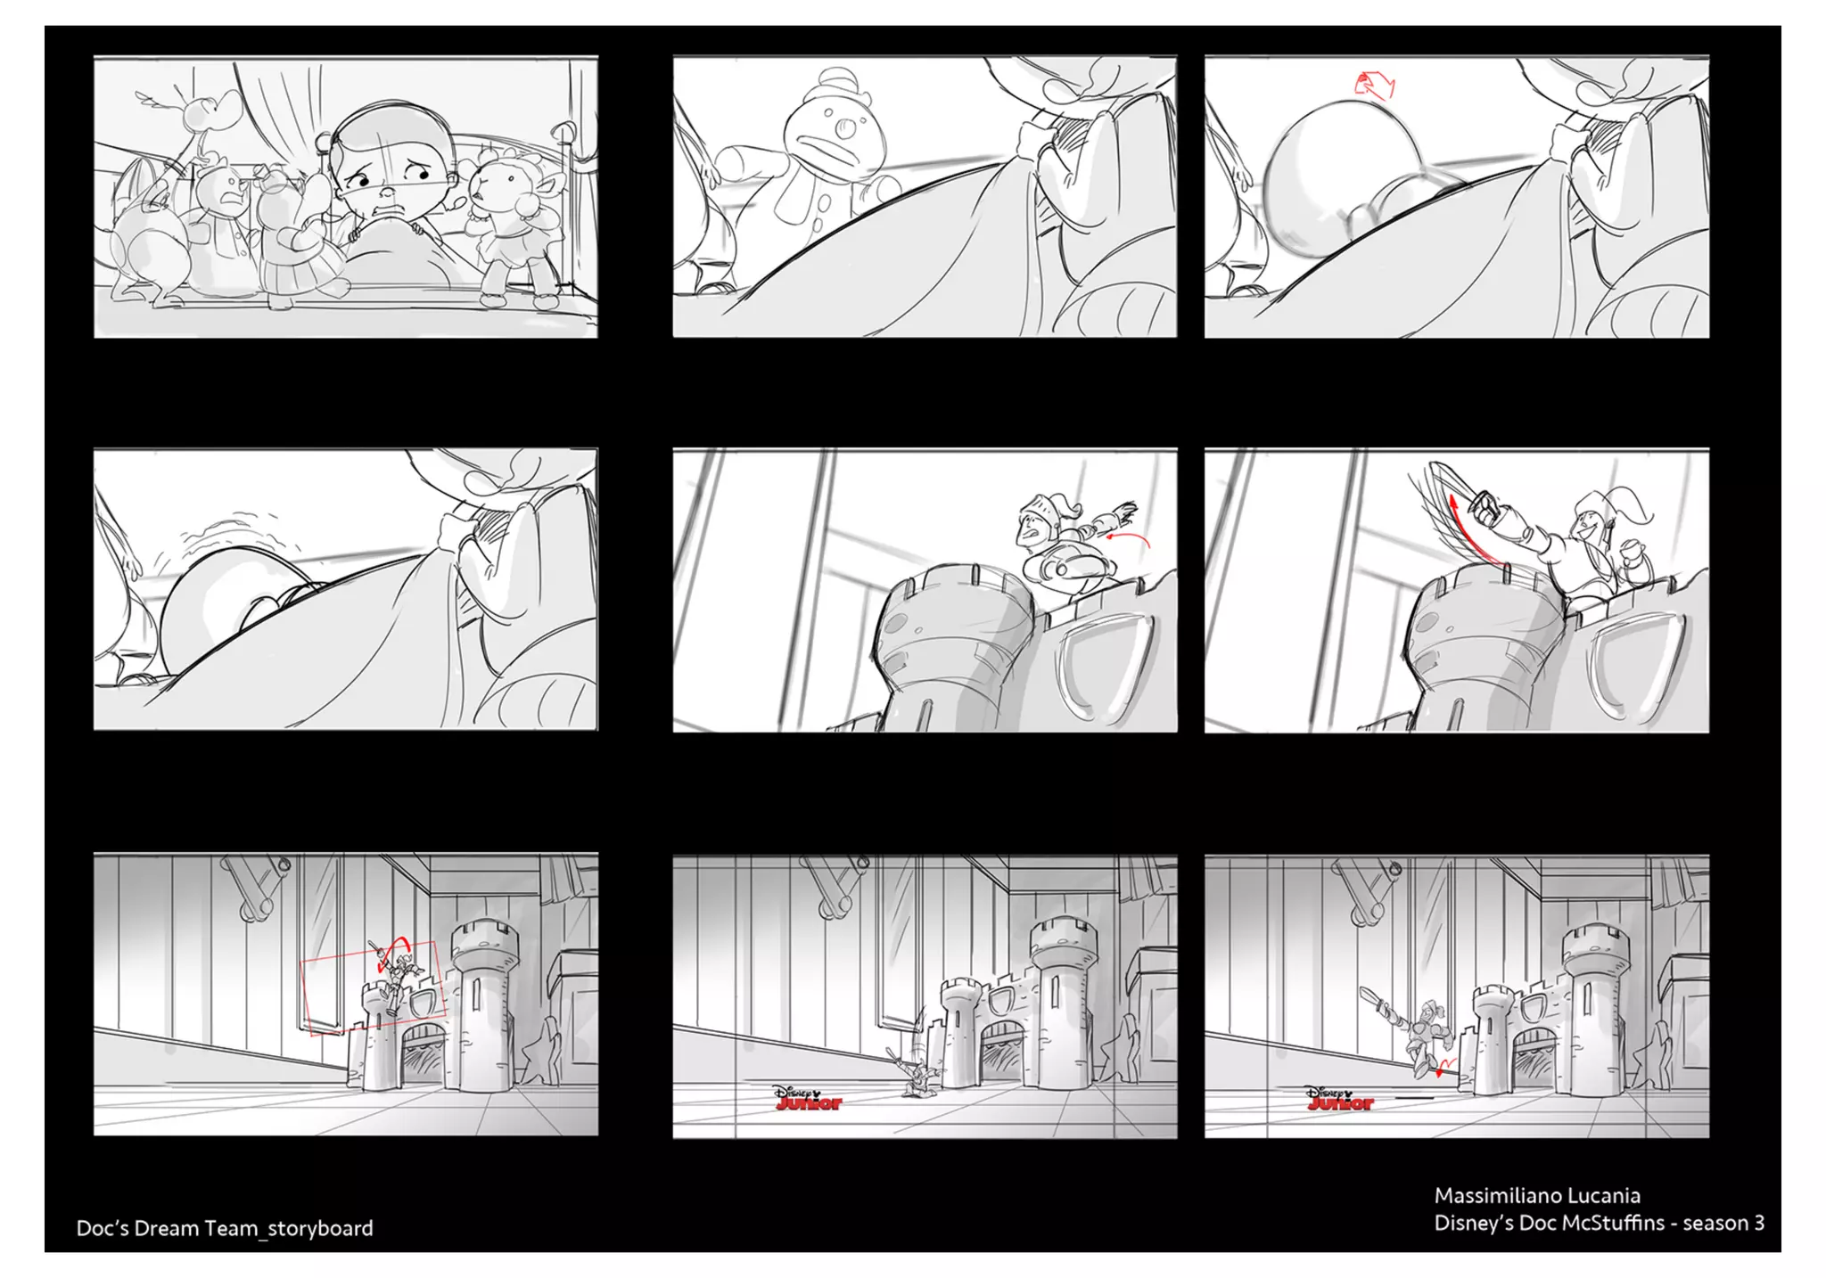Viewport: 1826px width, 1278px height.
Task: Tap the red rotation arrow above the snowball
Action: [x=1374, y=86]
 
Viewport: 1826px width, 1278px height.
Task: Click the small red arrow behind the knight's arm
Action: [x=1128, y=537]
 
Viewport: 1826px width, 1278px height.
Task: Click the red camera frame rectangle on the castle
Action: [x=373, y=988]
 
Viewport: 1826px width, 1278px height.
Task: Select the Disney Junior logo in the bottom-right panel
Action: [x=1339, y=1098]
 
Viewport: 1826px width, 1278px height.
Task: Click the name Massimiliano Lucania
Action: [x=1537, y=1196]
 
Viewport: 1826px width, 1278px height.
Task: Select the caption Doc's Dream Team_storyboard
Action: [x=225, y=1228]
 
